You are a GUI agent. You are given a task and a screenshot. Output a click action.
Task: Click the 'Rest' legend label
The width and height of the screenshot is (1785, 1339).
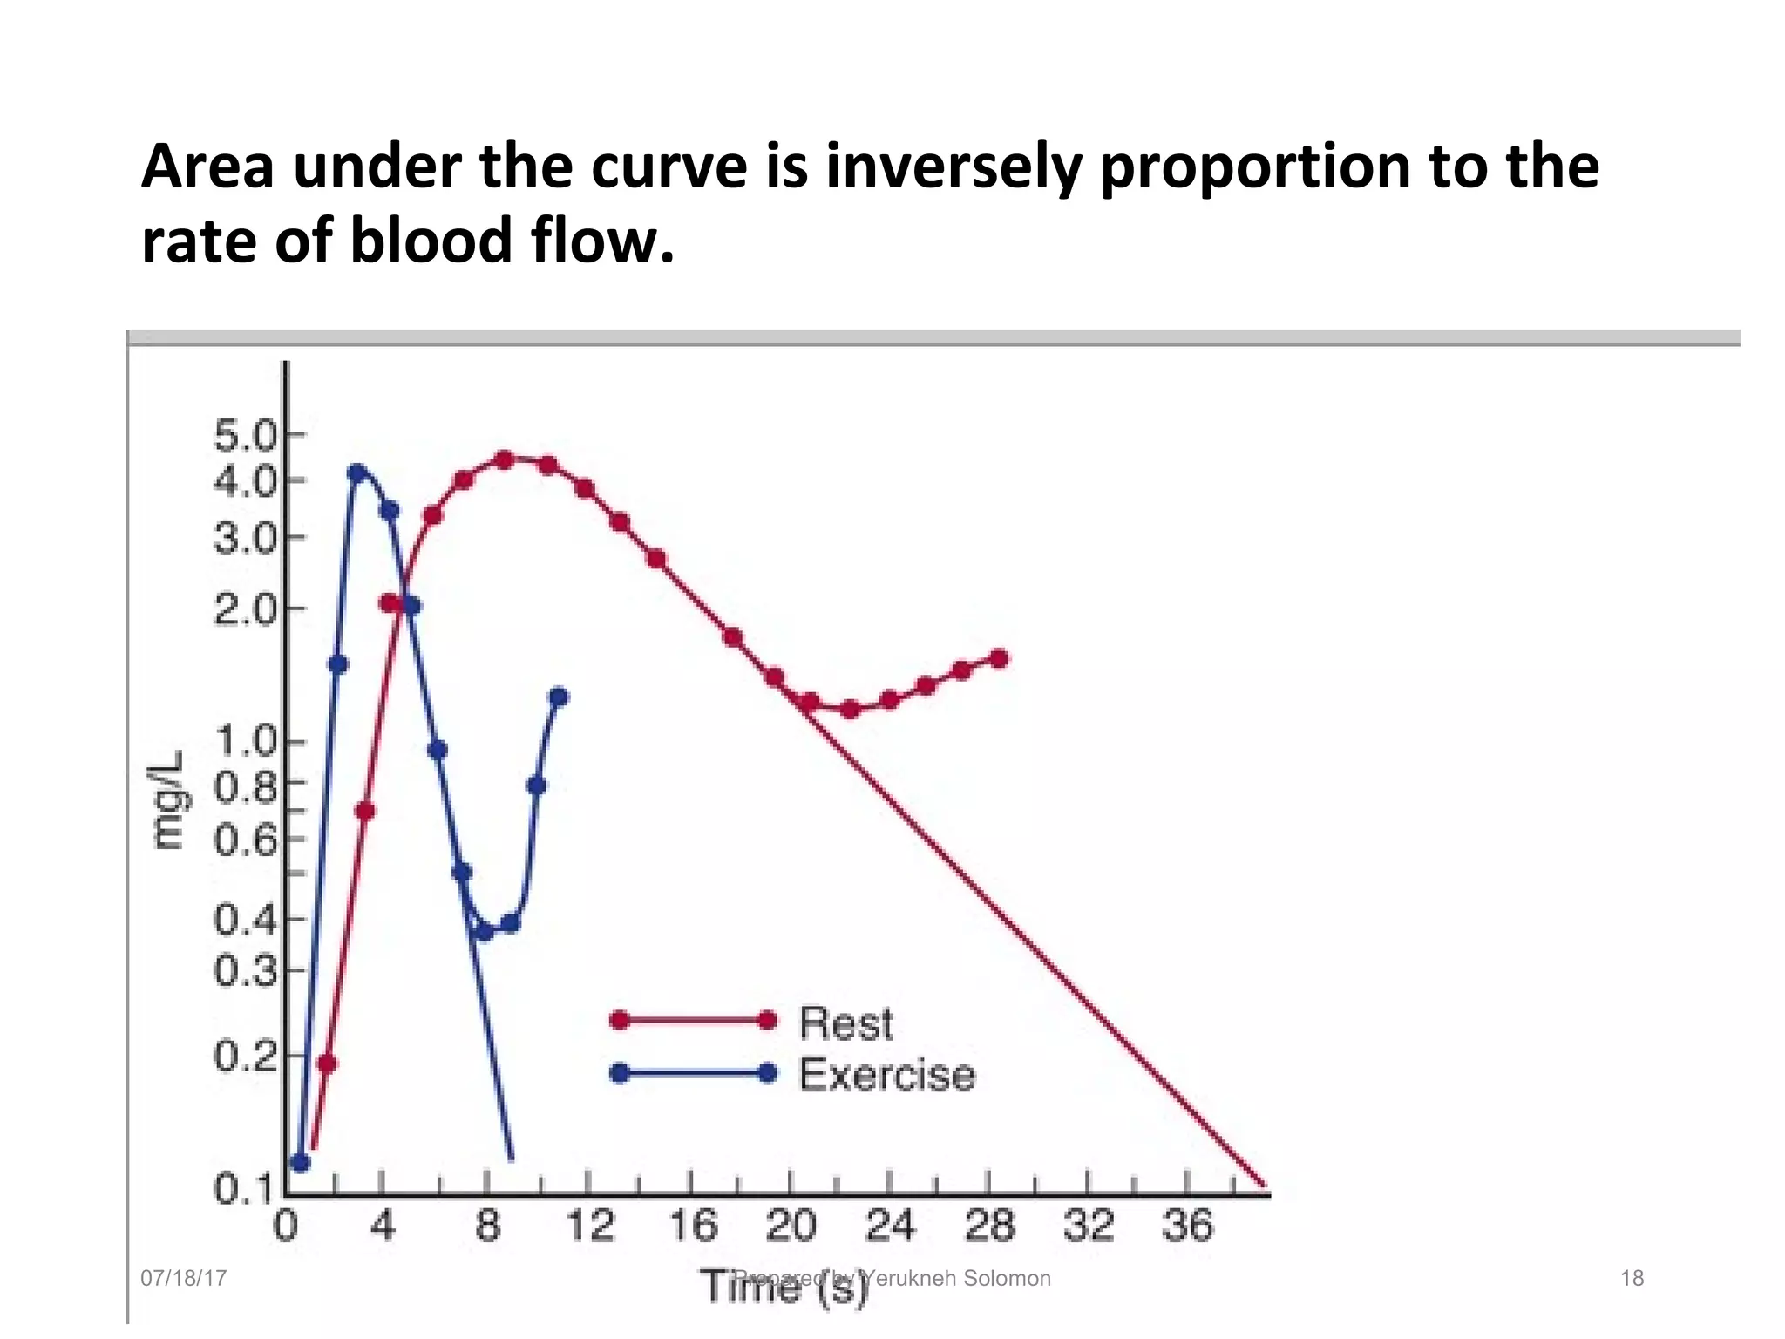click(845, 1023)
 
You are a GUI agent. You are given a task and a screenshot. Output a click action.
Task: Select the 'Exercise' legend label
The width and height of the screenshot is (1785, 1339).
click(886, 1075)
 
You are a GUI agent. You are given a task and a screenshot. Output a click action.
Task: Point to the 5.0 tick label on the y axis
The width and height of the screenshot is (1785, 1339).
click(245, 435)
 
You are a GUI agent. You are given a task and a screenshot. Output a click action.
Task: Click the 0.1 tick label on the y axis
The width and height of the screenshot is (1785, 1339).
click(243, 1189)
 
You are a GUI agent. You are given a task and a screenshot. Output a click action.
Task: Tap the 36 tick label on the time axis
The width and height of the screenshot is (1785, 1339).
click(1187, 1227)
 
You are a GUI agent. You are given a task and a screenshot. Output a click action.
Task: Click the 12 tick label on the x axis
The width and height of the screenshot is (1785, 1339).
click(591, 1227)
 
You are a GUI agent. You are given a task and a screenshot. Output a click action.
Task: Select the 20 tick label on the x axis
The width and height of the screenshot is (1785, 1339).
click(791, 1227)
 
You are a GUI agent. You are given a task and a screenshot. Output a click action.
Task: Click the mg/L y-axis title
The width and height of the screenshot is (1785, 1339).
click(168, 799)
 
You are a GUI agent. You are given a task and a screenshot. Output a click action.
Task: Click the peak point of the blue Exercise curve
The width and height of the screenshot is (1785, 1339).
click(356, 473)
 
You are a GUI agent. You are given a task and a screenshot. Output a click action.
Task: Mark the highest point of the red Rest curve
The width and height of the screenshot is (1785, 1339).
click(504, 459)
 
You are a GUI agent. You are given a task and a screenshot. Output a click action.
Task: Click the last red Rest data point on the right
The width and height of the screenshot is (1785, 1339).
click(1000, 658)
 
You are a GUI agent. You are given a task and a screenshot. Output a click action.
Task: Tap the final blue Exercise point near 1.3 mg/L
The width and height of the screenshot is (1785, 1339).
click(560, 697)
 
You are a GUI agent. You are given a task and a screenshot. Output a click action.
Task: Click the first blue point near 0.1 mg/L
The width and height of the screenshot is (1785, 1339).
click(301, 1163)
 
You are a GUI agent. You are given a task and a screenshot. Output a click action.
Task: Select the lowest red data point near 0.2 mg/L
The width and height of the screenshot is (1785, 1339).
click(328, 1064)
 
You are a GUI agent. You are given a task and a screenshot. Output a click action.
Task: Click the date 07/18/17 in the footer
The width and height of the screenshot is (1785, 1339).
click(183, 1278)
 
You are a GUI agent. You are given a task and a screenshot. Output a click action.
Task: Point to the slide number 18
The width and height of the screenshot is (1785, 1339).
click(1632, 1278)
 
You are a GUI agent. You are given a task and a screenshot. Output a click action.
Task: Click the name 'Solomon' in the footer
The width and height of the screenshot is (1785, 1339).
click(1008, 1278)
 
